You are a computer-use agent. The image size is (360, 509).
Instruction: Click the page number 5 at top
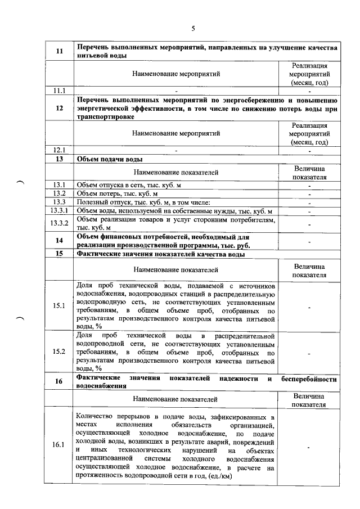pos(192,29)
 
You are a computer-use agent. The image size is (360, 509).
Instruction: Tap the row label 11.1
pos(59,90)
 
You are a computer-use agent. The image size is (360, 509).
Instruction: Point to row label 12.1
pos(59,150)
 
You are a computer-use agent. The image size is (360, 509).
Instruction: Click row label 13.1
pos(59,185)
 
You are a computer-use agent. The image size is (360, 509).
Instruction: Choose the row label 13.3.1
pos(59,210)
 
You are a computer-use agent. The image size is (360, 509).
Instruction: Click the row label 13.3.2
pos(59,223)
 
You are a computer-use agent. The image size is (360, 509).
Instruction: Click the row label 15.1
pos(59,305)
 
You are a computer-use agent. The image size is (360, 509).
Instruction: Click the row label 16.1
pos(59,445)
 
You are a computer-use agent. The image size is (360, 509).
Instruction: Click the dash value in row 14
pos(309,241)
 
